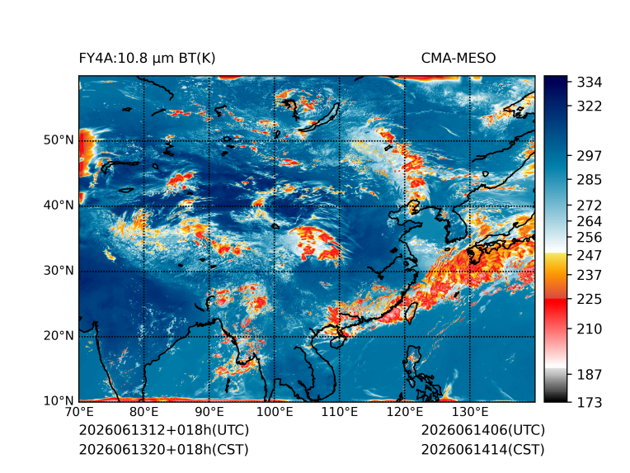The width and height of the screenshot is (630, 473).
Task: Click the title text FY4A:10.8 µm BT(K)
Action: pyautogui.click(x=147, y=59)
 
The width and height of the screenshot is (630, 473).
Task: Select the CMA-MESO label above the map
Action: pyautogui.click(x=458, y=59)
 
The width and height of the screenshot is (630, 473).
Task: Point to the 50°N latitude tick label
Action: pyautogui.click(x=59, y=140)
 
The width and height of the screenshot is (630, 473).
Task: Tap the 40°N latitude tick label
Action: pyautogui.click(x=59, y=205)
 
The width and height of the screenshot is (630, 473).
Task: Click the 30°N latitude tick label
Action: pyautogui.click(x=59, y=270)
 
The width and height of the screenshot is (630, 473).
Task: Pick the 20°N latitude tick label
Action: pyautogui.click(x=59, y=335)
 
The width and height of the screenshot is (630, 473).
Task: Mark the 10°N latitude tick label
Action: pyautogui.click(x=59, y=400)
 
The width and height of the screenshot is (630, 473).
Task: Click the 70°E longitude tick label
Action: pyautogui.click(x=79, y=412)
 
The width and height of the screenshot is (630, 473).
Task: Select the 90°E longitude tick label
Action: pyautogui.click(x=209, y=412)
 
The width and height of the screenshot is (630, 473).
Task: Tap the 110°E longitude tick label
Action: pyautogui.click(x=340, y=412)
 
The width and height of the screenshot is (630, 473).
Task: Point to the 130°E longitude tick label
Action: pyautogui.click(x=470, y=412)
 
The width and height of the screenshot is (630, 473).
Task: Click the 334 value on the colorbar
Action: pyautogui.click(x=590, y=83)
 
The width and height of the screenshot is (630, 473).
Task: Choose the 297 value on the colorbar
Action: pyautogui.click(x=590, y=156)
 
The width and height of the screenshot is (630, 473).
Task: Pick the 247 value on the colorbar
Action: pyautogui.click(x=590, y=255)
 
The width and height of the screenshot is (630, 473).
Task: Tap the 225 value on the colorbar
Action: pyautogui.click(x=590, y=300)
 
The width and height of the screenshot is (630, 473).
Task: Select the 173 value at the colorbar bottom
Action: pyautogui.click(x=590, y=402)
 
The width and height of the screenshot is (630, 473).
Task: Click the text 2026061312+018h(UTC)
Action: pyautogui.click(x=164, y=430)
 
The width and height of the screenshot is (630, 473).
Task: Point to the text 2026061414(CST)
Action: pyautogui.click(x=483, y=450)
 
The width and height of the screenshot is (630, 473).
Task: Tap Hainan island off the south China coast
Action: pyautogui.click(x=337, y=342)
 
